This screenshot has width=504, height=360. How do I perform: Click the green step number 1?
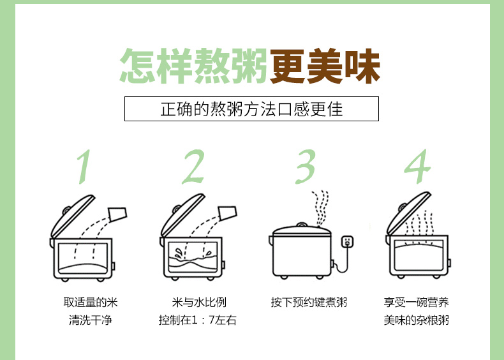pyautogui.click(x=83, y=167)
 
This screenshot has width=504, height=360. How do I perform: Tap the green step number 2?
pyautogui.click(x=193, y=167)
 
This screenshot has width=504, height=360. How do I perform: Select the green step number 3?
pyautogui.click(x=306, y=167)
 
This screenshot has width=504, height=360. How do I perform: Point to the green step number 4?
pyautogui.click(x=417, y=167)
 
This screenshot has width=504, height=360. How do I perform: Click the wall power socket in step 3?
pyautogui.click(x=347, y=242)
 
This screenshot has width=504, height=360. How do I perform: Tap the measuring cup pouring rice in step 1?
pyautogui.click(x=117, y=214)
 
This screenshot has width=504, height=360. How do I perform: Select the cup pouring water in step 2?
pyautogui.click(x=227, y=213)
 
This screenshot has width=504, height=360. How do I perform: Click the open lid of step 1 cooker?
pyautogui.click(x=73, y=216)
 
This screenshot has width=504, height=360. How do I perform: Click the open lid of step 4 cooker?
pyautogui.click(x=408, y=214)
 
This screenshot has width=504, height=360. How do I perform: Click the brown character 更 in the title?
pyautogui.click(x=287, y=66)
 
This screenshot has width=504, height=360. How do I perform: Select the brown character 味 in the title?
pyautogui.click(x=362, y=66)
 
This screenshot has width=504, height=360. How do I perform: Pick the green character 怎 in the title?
pyautogui.click(x=138, y=66)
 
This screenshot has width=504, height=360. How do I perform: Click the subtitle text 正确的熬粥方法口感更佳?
pyautogui.click(x=251, y=109)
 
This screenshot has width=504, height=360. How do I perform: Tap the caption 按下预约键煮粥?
pyautogui.click(x=309, y=303)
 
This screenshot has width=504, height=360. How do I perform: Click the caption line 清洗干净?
pyautogui.click(x=91, y=320)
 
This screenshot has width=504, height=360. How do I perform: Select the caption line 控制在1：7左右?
pyautogui.click(x=197, y=320)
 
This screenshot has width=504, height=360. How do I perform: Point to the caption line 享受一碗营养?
pyautogui.click(x=416, y=303)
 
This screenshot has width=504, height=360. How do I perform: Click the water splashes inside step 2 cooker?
pyautogui.click(x=193, y=253)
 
